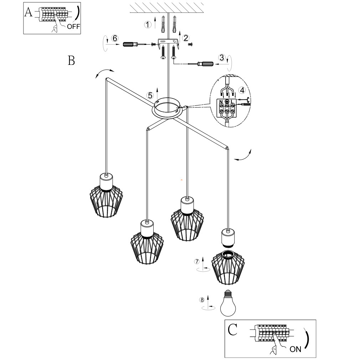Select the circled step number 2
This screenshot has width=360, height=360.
click(185, 37)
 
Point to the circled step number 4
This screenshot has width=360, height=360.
click(242, 90)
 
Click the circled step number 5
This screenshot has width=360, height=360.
click(150, 95)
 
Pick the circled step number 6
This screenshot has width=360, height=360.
click(114, 38)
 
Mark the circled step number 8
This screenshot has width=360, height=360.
click(202, 299)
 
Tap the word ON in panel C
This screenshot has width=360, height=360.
click(295, 349)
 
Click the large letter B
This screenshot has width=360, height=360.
click(71, 61)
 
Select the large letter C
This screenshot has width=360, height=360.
click(232, 330)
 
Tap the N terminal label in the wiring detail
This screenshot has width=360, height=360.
click(221, 102)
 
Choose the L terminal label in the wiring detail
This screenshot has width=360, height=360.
click(232, 102)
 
